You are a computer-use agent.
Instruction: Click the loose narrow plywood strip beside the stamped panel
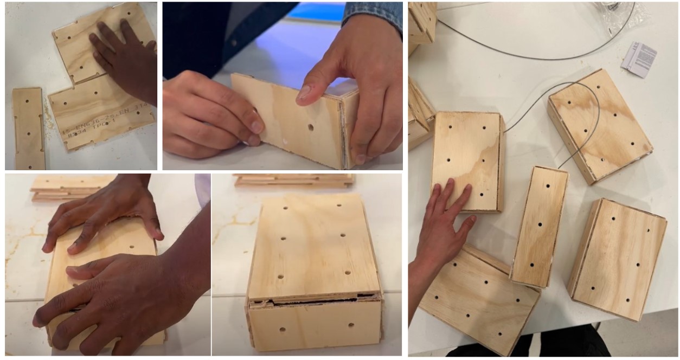click(28, 128)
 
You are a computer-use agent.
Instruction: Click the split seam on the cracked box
click(315, 300)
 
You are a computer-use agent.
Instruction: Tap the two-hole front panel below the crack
click(315, 325)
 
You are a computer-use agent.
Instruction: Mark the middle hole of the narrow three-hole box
click(541, 224)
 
